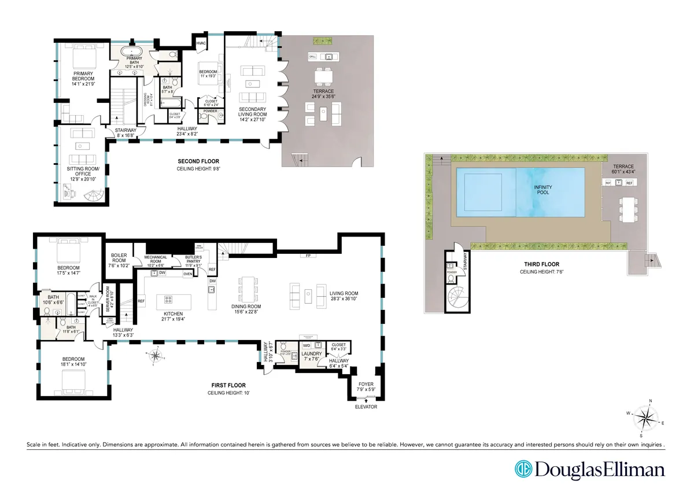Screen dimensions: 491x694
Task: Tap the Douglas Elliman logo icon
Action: click(523, 468)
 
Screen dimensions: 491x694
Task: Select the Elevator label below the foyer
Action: click(366, 407)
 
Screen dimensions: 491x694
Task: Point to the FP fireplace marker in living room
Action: click(304, 255)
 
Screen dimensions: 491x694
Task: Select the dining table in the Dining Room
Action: click(248, 287)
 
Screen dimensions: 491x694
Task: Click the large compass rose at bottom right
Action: click(646, 417)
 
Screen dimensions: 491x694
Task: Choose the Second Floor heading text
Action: click(198, 161)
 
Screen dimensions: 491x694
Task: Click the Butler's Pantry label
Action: click(193, 260)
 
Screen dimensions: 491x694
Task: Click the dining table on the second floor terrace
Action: click(323, 77)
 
